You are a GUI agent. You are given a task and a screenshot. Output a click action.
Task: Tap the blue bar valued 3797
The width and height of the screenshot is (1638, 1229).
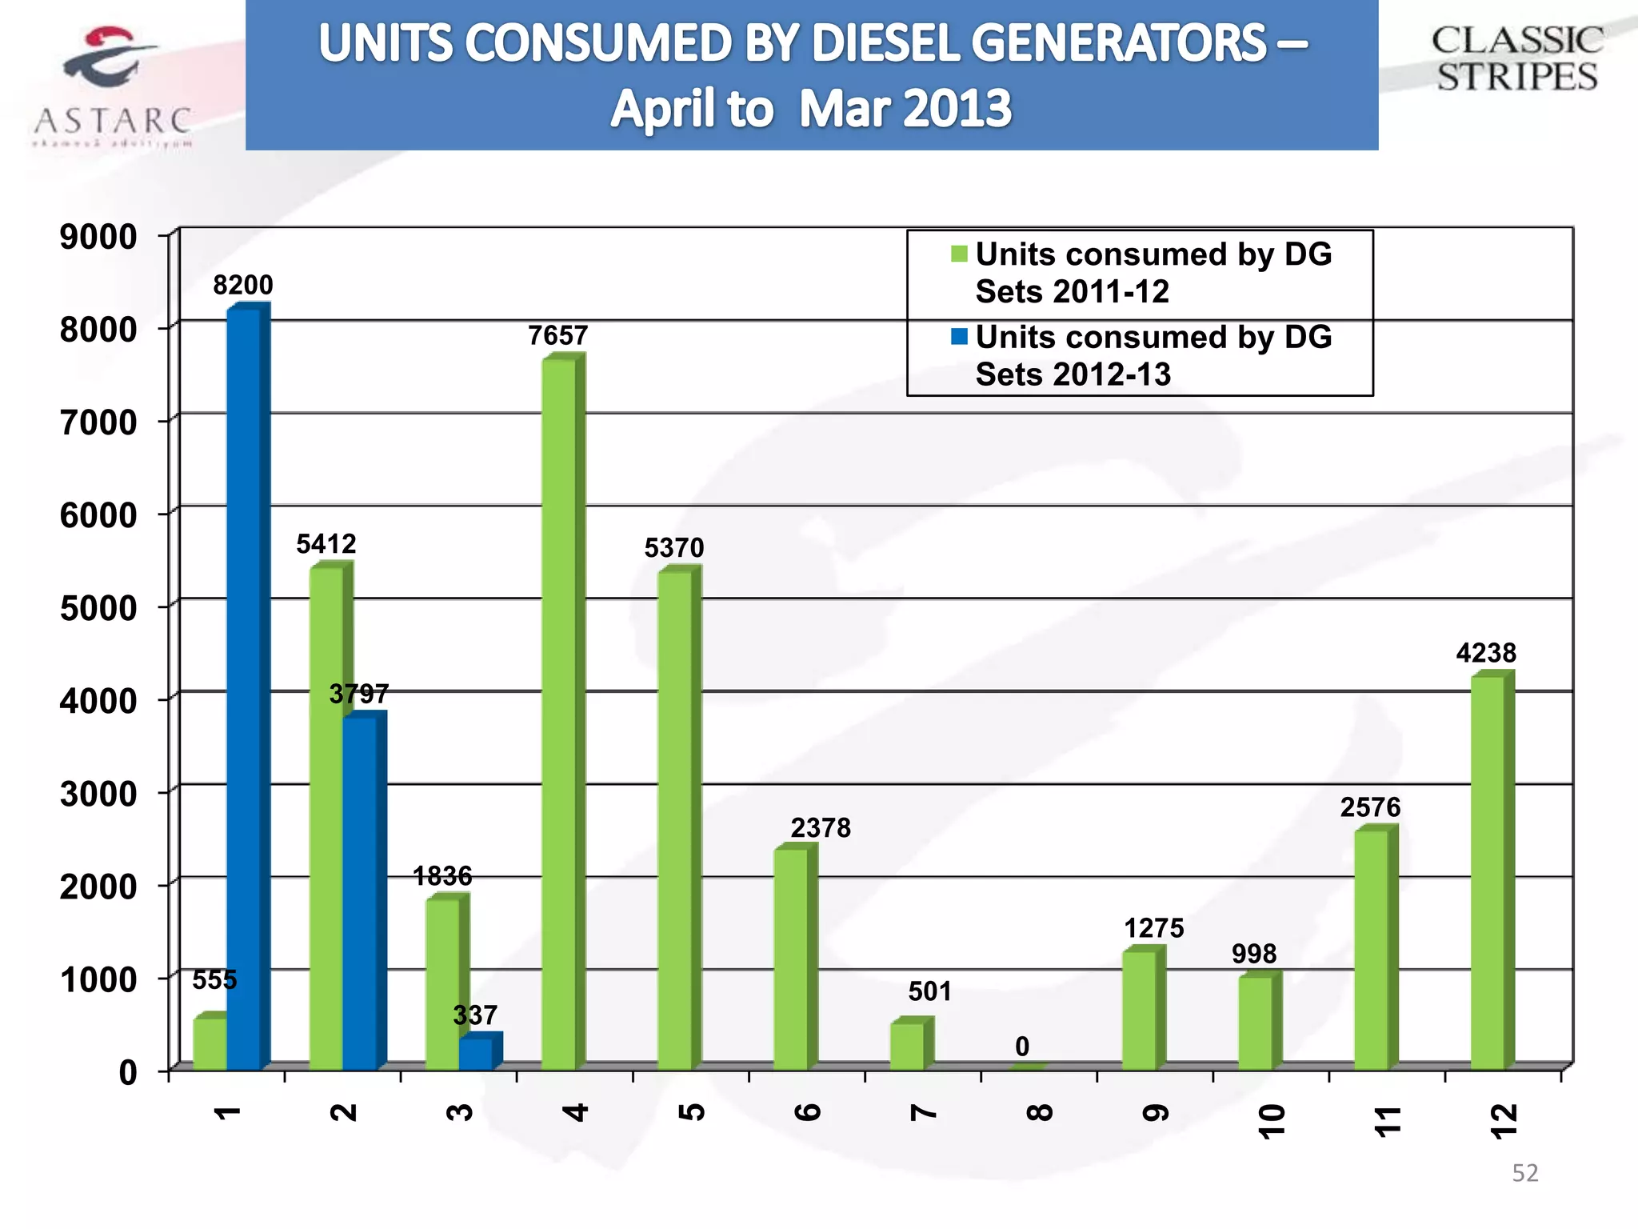pos(360,892)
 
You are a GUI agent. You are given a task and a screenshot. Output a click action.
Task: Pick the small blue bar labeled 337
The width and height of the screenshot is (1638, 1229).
pos(476,1053)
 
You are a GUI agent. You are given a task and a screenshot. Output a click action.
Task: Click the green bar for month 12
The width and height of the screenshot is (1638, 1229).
pos(1488,872)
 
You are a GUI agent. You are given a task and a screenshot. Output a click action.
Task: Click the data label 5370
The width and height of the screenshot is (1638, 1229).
pos(674,548)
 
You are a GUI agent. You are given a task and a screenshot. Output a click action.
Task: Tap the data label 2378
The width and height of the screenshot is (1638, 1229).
pos(821,827)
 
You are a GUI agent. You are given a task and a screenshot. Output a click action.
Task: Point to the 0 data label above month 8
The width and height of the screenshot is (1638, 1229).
pos(1022,1047)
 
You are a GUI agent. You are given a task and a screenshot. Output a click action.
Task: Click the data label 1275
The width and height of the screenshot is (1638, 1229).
pos(1153,928)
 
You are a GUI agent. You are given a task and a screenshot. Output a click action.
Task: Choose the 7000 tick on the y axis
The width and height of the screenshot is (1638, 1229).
pos(98,422)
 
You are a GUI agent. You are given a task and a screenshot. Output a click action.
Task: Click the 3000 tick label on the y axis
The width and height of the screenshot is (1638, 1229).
pos(98,794)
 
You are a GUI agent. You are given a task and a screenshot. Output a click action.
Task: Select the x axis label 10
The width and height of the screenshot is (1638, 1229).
pos(1271,1120)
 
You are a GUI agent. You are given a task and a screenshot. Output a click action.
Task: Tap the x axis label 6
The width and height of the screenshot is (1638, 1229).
pos(808,1112)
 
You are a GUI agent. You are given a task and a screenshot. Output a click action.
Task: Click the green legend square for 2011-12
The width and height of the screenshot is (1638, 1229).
pos(959,254)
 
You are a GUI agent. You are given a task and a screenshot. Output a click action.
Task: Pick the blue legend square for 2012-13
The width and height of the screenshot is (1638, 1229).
pos(959,336)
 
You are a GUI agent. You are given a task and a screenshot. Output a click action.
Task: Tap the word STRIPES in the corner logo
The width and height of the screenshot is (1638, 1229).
pos(1516,77)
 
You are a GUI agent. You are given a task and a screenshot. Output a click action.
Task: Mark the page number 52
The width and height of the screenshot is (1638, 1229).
pos(1524,1173)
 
